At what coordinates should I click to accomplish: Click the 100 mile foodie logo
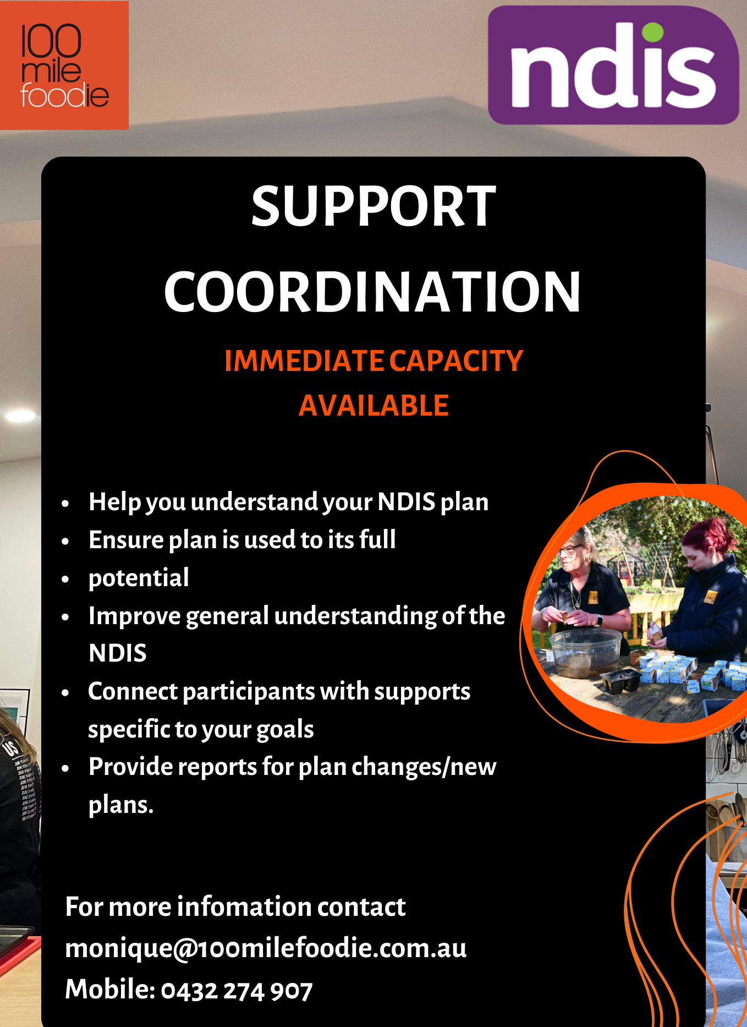point(64,65)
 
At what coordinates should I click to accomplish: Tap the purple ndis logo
point(613,65)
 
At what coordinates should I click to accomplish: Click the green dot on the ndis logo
point(652,31)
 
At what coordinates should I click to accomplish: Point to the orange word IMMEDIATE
point(304,361)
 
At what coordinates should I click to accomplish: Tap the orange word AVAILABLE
point(374,406)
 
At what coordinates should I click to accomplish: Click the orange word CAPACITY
point(456,361)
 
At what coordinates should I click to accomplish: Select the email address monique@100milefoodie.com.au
point(266,948)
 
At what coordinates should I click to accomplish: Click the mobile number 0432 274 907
point(237,991)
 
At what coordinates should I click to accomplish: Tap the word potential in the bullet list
point(139,578)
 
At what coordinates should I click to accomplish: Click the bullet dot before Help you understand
point(65,503)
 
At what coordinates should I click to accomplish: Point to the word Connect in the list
point(132,691)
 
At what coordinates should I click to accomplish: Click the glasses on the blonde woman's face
point(570,549)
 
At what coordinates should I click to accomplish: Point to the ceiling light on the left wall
point(20,416)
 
